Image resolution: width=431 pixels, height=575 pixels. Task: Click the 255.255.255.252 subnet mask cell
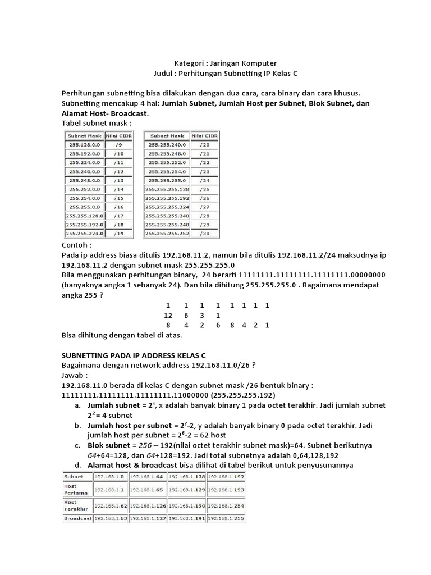tap(167, 233)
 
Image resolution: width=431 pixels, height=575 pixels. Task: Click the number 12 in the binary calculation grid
tap(167, 316)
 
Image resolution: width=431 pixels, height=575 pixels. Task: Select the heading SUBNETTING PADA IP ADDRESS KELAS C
tap(133, 355)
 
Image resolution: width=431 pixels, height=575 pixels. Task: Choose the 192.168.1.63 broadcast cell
tap(111, 518)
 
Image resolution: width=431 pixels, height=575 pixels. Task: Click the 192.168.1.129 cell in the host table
tap(187, 489)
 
